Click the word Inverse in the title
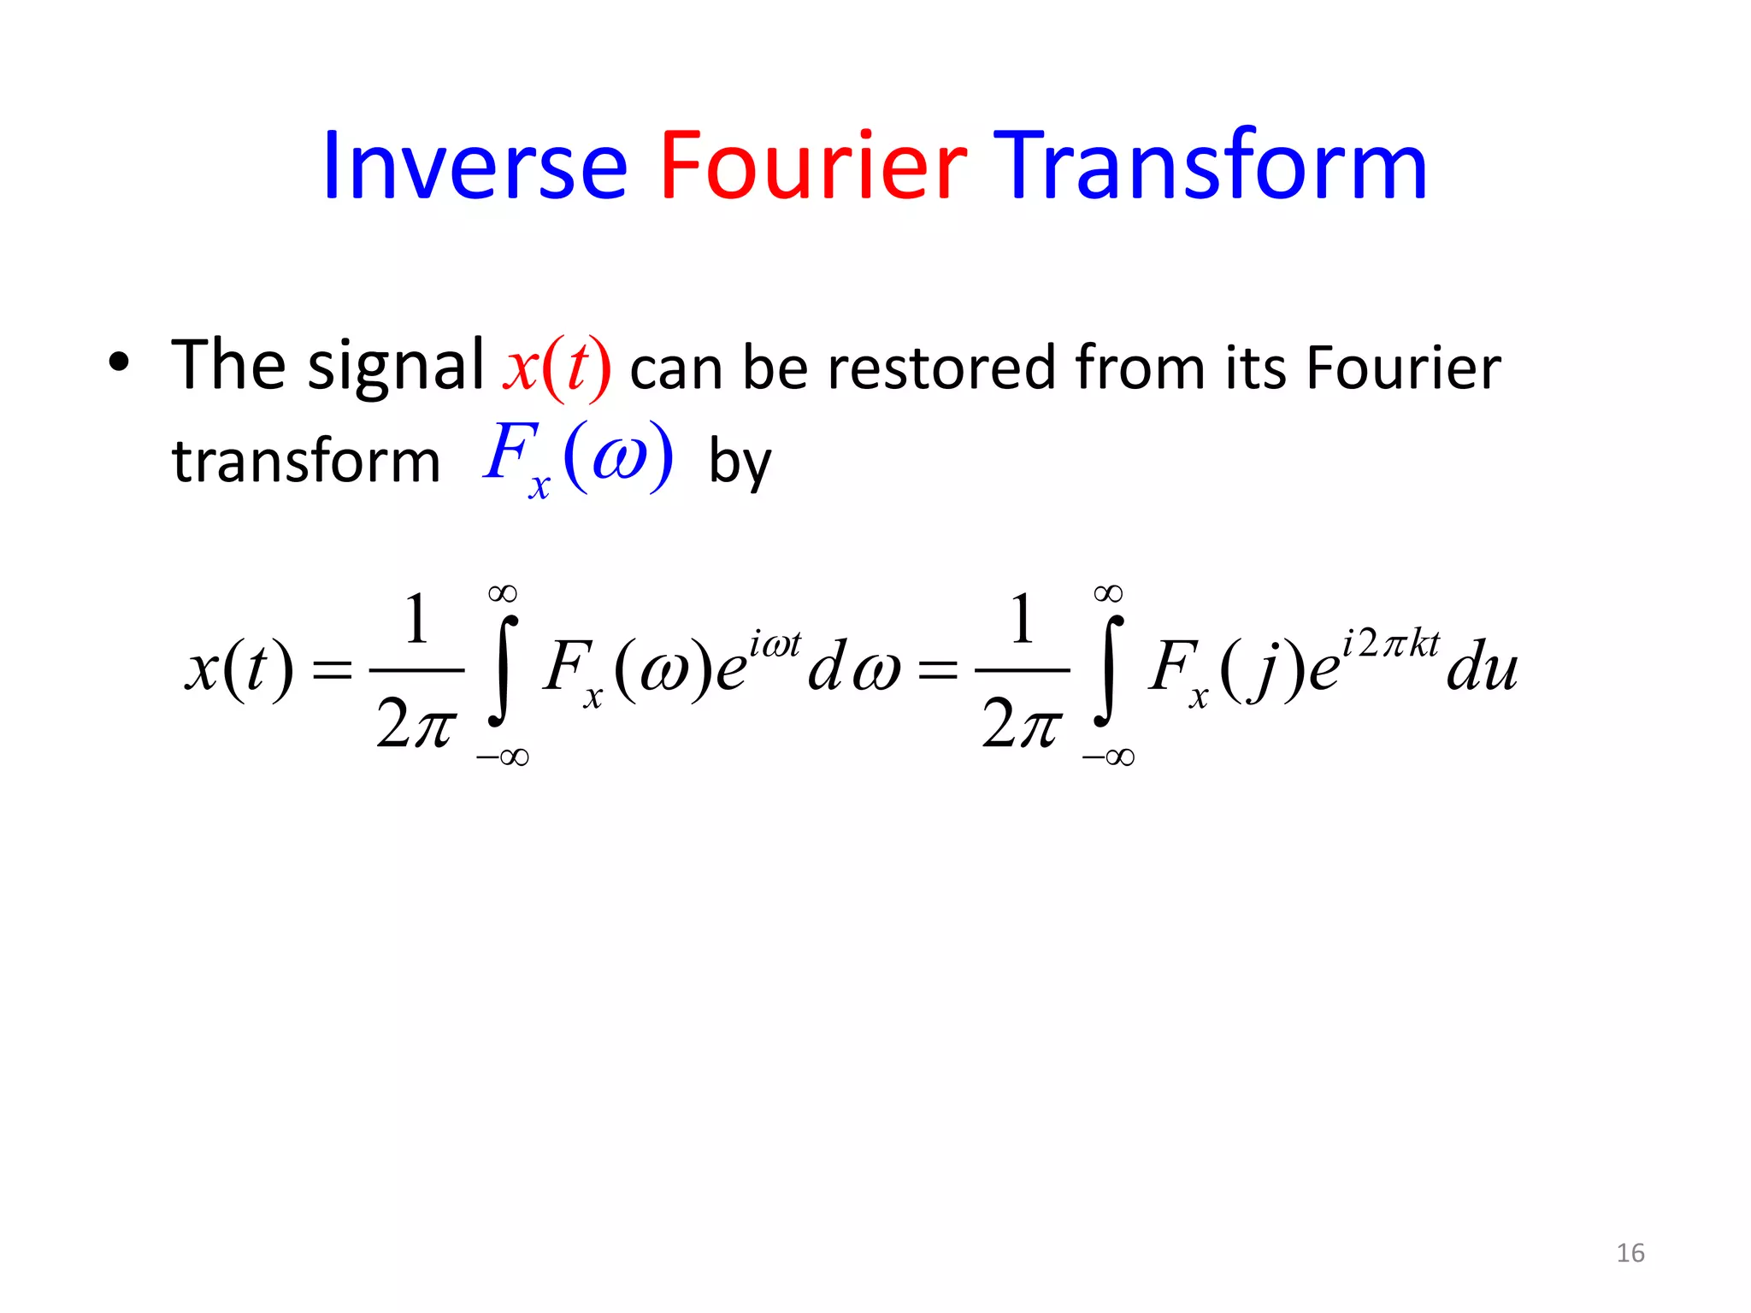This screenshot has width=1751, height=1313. coord(475,166)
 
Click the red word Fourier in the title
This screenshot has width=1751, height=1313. coord(813,166)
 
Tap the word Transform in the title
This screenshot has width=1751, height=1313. coord(1214,166)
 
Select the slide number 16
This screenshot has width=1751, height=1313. coord(1630,1253)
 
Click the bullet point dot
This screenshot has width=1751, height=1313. coord(119,362)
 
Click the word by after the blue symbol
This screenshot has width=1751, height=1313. coord(740,464)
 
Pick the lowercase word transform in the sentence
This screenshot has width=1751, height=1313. coord(306,462)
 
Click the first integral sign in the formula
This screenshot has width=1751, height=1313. coord(504,672)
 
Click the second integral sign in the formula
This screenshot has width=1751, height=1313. coord(1109,672)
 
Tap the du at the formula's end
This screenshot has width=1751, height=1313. coord(1482,668)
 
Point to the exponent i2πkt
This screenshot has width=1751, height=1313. coord(1392,643)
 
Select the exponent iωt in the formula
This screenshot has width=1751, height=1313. coord(775,644)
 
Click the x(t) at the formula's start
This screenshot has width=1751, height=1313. coord(239,668)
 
